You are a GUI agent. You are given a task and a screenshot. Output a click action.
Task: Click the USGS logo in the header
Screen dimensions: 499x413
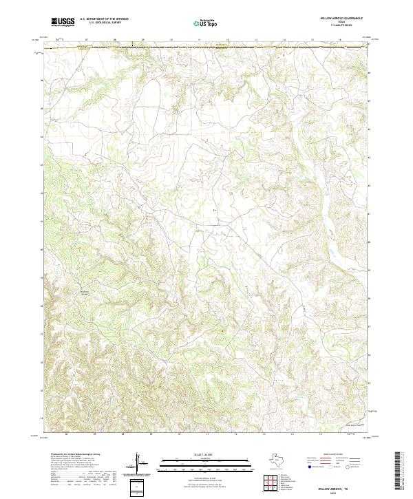pos(63,22)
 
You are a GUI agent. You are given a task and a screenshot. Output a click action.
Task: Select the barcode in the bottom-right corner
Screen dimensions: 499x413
pos(401,471)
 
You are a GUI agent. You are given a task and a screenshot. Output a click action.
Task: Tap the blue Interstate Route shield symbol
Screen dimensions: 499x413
pos(308,465)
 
